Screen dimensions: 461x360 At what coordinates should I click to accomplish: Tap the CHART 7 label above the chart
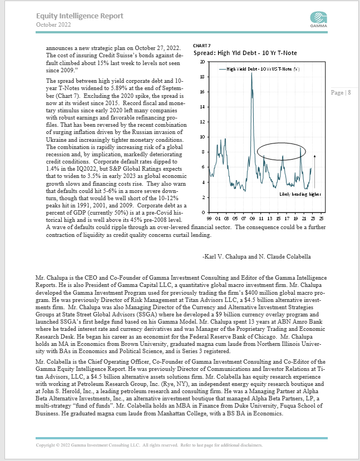point(201,46)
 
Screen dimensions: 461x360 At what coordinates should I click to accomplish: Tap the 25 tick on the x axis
point(322,219)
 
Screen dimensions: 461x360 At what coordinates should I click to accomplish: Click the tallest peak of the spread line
point(251,73)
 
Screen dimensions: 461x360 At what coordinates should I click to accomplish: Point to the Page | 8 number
point(341,92)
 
